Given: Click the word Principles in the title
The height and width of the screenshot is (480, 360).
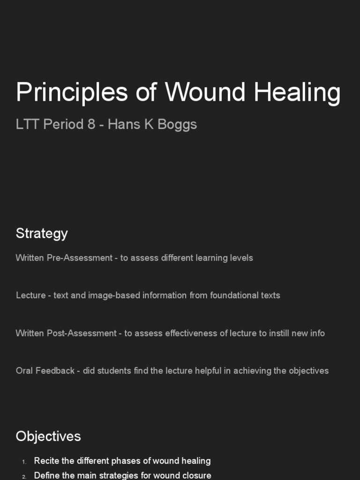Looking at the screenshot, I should point(72,92).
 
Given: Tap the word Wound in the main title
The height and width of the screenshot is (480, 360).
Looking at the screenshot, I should point(205,92).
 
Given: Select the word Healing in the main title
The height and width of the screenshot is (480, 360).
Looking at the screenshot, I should point(297,92).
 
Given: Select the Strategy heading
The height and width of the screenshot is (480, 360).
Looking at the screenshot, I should point(42,233).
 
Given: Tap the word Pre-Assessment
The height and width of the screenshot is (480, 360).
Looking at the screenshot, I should point(80,258).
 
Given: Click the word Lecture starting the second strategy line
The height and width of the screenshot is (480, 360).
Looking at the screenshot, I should point(30,295).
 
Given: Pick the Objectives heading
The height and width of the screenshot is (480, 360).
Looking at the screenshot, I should point(48,436).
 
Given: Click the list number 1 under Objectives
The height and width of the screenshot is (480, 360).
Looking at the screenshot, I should point(24,462).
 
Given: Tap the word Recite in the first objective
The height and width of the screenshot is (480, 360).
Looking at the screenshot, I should point(45,461).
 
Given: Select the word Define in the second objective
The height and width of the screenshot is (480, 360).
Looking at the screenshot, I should point(45,475).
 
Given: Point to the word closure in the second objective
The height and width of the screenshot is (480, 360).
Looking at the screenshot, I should point(197,475).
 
